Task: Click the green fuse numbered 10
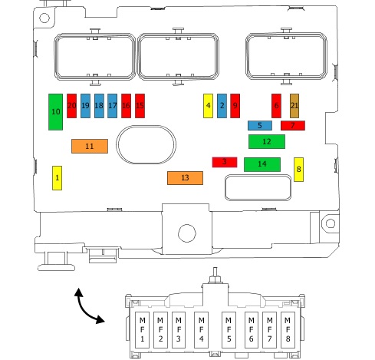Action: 55,112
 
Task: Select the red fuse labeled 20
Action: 71,106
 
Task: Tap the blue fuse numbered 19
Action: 85,106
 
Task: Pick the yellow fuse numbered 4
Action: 208,106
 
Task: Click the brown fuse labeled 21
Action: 294,106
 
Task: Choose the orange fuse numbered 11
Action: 90,146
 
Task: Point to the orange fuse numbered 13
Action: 185,178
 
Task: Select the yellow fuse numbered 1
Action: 57,178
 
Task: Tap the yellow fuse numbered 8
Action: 298,170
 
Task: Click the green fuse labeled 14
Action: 262,164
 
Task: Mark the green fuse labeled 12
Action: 267,141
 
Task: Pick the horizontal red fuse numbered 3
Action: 225,162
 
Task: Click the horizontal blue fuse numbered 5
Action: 260,125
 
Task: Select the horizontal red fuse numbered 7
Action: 293,125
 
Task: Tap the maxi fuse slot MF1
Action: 142,329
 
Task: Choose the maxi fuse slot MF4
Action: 201,329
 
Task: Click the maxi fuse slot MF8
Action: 288,329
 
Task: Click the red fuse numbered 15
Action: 140,106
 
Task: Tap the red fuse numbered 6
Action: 276,106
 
